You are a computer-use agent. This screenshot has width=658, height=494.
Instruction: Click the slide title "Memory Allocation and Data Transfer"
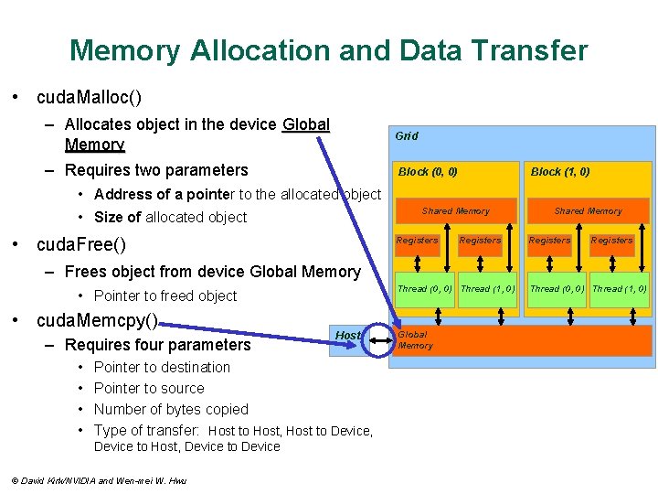(329, 49)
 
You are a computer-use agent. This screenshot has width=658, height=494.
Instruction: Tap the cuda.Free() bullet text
(80, 245)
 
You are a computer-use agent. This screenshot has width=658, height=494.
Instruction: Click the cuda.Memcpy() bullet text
(97, 321)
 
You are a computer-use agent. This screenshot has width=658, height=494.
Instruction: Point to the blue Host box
(348, 336)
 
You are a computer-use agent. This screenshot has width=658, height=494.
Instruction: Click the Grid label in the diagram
(407, 136)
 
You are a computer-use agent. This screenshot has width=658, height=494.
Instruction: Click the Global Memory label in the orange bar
(415, 340)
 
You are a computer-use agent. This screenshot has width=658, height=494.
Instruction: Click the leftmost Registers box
(417, 241)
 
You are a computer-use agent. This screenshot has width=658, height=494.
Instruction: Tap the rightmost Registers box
(611, 241)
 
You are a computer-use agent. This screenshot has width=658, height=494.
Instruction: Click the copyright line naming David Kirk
(98, 480)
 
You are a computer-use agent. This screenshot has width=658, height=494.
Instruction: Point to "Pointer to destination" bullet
(162, 368)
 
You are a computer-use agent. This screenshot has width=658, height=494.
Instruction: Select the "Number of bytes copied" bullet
(171, 409)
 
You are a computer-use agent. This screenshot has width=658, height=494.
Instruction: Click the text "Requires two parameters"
(156, 170)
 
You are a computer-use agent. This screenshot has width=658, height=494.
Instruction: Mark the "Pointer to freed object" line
(165, 295)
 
